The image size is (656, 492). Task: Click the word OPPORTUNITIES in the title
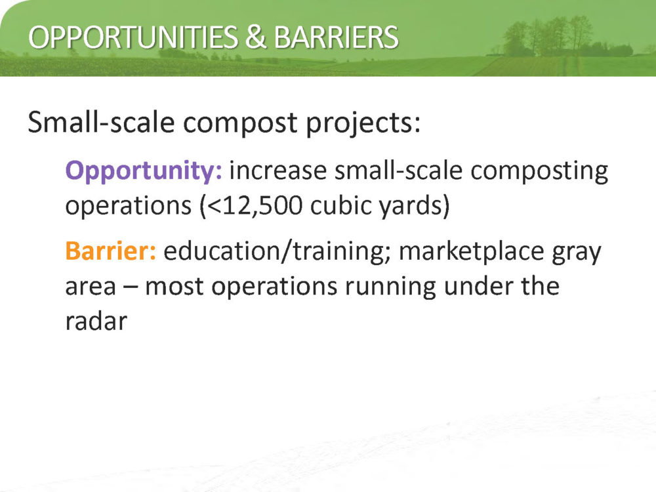point(133,37)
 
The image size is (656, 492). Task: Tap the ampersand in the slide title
point(256,37)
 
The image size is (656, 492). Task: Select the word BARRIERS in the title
point(336,37)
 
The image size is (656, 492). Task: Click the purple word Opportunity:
point(144,171)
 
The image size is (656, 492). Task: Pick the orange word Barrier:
point(111,251)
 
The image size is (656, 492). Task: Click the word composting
point(539,171)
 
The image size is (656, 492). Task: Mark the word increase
point(277,171)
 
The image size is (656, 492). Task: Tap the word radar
point(96,321)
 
